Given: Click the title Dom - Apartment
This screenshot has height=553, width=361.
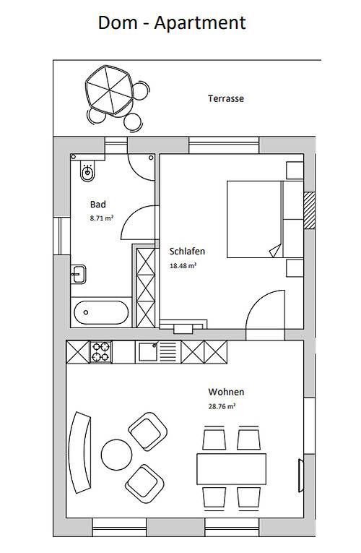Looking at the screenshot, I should point(172,22).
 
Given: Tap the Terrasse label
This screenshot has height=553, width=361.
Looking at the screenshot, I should point(226,98).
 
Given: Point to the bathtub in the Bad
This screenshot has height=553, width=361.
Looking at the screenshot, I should point(102,314).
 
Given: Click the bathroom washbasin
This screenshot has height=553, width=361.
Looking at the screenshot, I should point(79,273).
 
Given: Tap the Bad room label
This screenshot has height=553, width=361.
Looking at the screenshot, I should point(98,204).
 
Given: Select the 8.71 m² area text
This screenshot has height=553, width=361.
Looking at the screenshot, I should point(101,217).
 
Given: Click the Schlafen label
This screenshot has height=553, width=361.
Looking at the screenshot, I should point(187,252).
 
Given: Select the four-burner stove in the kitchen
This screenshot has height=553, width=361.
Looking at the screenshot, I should point(101,352).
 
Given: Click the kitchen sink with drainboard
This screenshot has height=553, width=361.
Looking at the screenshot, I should point(157,352).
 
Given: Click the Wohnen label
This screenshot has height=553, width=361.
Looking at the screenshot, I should point(226,392).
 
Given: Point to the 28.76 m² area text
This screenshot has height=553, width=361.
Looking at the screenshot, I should point(222,406).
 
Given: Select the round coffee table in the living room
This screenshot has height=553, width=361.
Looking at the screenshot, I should point(115,454).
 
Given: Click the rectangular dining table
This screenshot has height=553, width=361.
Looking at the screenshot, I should point(231,469).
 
